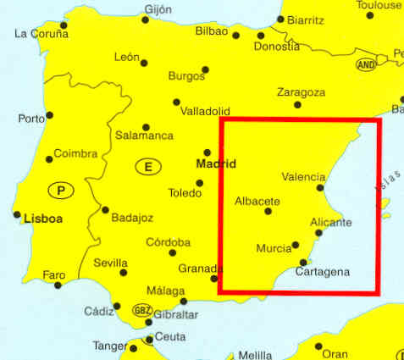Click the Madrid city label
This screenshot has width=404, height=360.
(x=215, y=163)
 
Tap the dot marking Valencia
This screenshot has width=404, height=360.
(x=320, y=188)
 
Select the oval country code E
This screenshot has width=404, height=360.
(x=147, y=168)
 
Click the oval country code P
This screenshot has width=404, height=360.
(x=61, y=190)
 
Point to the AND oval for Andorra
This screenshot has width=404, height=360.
(x=366, y=64)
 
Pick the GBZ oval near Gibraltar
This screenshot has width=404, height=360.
(x=142, y=310)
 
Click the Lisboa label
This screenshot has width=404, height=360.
(x=44, y=218)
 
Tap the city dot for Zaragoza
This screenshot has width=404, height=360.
(x=297, y=105)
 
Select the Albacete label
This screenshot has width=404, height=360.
(x=257, y=201)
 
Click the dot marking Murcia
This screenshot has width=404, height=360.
(x=296, y=245)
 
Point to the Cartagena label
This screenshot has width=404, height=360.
(x=323, y=272)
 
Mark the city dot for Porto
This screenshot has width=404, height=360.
(x=49, y=115)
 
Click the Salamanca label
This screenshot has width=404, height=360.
(x=145, y=136)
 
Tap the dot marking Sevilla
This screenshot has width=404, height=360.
(x=124, y=273)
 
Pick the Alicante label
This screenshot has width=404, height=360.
(x=331, y=222)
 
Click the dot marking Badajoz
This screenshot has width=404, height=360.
(x=105, y=210)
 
